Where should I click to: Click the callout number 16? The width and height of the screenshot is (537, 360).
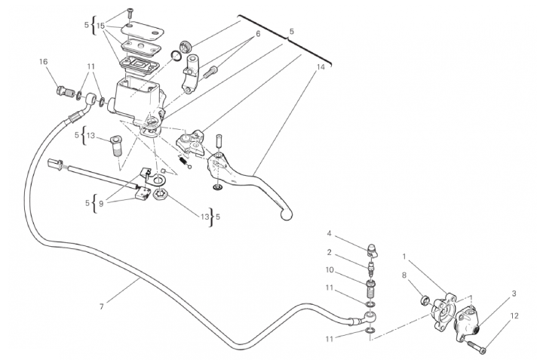(x=44, y=62)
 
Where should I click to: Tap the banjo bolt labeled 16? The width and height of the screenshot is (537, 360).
(x=65, y=92)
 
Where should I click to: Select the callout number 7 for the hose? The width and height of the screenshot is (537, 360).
(x=101, y=307)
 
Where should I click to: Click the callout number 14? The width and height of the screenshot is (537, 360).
(x=321, y=67)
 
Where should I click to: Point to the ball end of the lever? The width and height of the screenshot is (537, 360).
(x=287, y=215)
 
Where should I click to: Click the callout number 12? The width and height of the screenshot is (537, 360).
(x=514, y=315)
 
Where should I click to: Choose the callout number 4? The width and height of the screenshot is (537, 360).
(x=329, y=233)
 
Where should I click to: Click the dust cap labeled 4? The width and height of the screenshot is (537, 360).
(x=373, y=251)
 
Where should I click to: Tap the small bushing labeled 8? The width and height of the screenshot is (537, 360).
(x=425, y=301)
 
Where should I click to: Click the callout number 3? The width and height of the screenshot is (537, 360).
(x=514, y=294)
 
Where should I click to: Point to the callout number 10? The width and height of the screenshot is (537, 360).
(x=330, y=270)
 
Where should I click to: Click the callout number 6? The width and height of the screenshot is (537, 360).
(x=258, y=34)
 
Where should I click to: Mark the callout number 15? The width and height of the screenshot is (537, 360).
(x=100, y=26)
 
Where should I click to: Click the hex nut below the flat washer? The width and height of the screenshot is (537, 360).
(x=161, y=195)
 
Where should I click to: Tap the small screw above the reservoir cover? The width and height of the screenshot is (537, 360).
(x=130, y=14)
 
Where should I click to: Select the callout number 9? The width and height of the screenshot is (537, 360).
(x=101, y=204)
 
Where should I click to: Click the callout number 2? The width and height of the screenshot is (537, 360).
(x=329, y=253)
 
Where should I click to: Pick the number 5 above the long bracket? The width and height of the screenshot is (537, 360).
(x=291, y=31)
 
